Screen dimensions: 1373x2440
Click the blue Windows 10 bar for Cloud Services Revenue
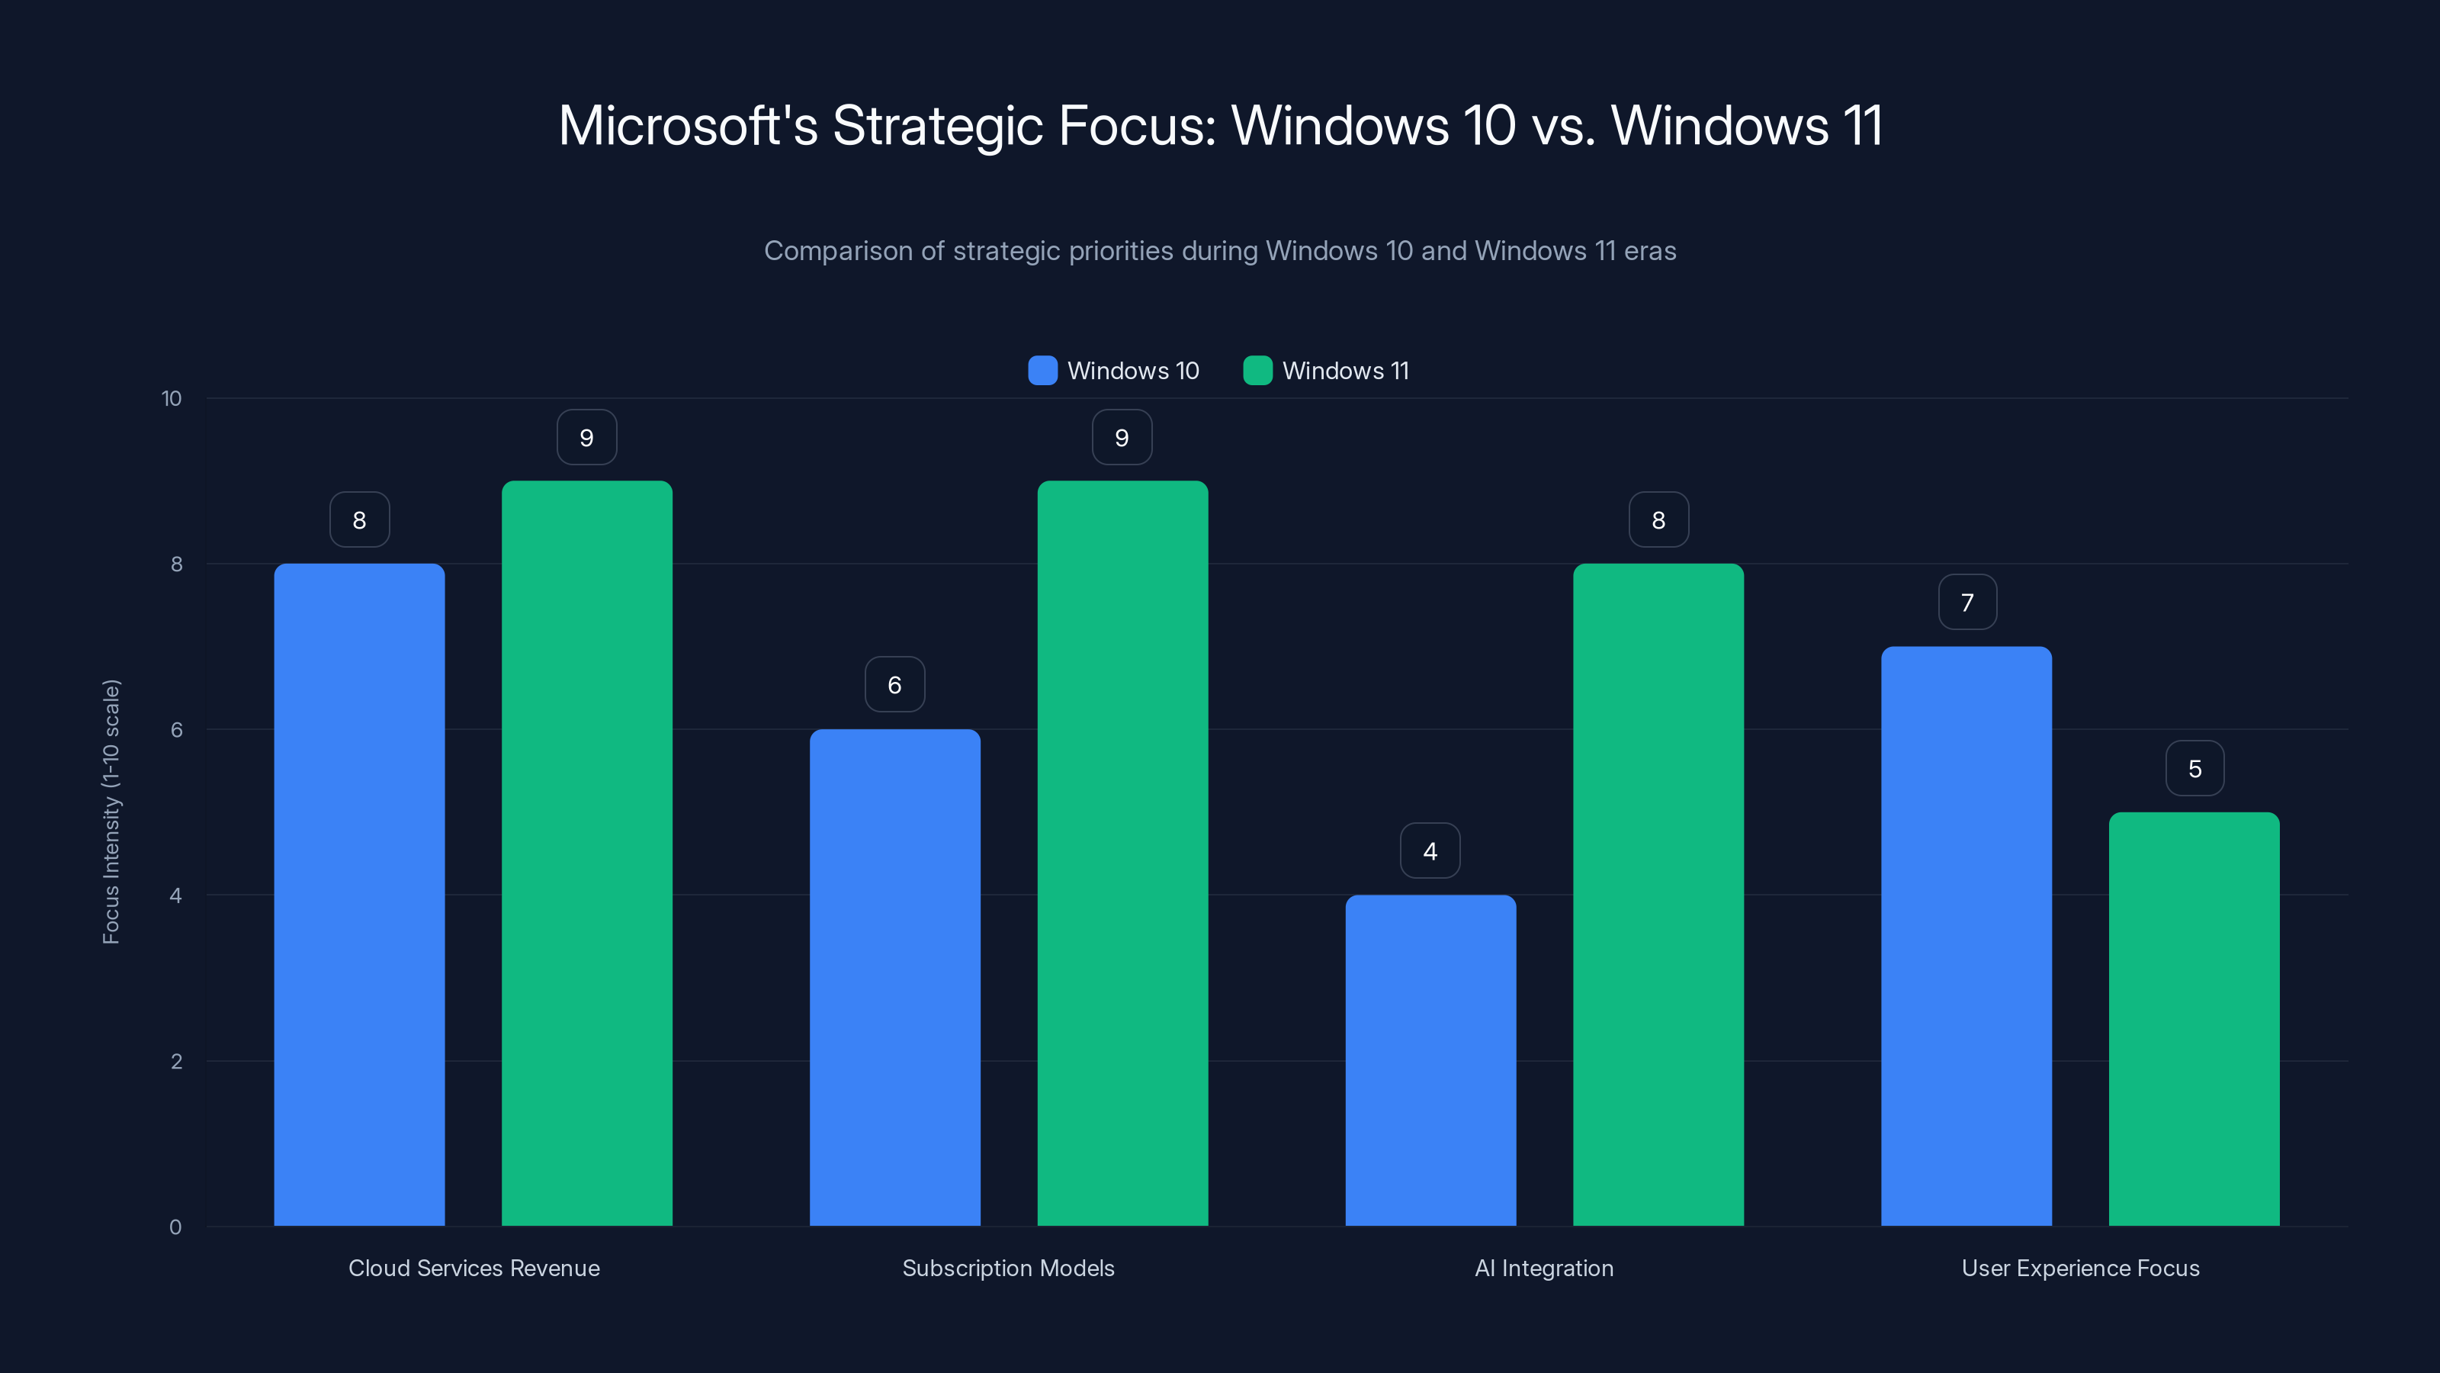(359, 895)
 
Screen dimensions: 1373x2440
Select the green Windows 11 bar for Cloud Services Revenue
(586, 853)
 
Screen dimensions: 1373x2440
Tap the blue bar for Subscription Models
(894, 977)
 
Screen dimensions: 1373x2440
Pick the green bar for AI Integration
(1658, 895)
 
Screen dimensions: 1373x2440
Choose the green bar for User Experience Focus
(2194, 1018)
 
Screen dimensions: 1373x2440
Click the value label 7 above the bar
(1967, 603)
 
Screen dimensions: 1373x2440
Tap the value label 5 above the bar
(2194, 768)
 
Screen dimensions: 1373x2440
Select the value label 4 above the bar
(1430, 851)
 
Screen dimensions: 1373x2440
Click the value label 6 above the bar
(894, 685)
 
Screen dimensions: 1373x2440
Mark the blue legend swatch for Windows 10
(1042, 371)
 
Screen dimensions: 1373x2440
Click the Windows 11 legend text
(1345, 371)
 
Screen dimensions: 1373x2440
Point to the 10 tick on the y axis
(172, 398)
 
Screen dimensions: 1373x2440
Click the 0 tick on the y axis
(175, 1227)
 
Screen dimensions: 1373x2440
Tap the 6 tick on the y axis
(176, 730)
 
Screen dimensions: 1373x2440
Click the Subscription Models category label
(1008, 1268)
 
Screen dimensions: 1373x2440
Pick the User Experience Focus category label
(2080, 1268)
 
